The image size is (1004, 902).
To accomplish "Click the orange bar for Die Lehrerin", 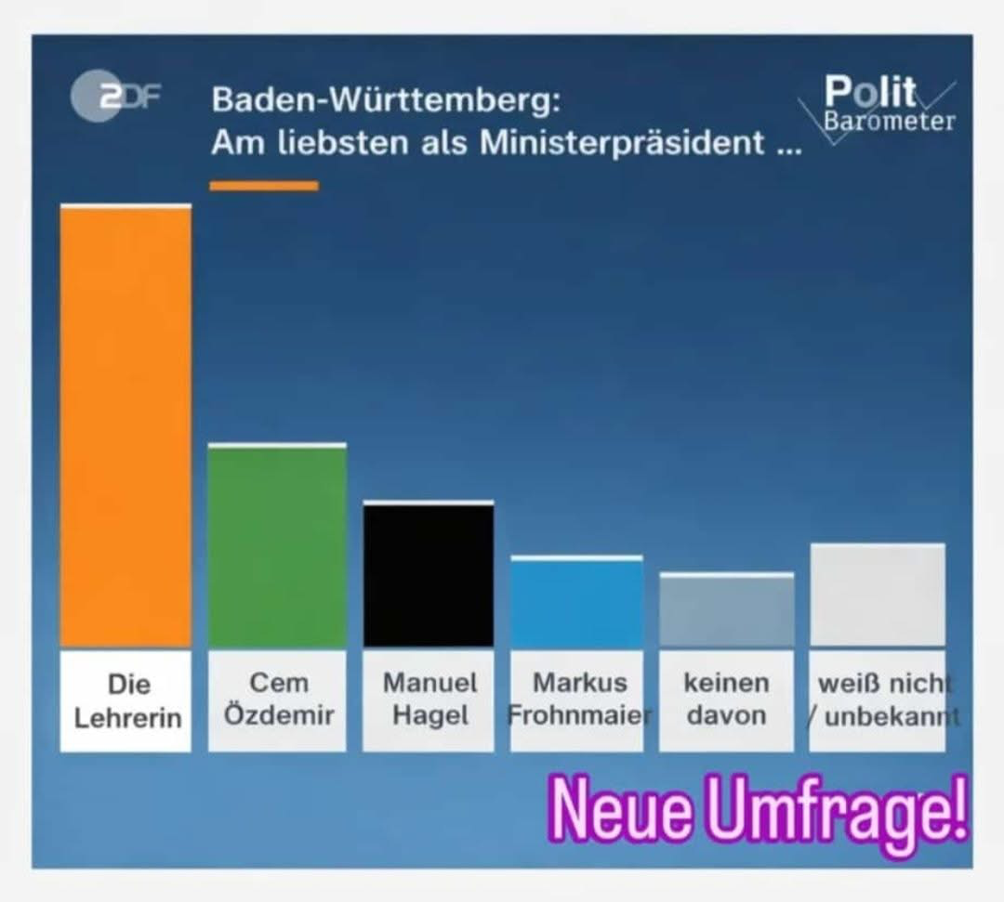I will [x=125, y=425].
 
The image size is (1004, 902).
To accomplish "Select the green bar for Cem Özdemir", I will [x=277, y=546].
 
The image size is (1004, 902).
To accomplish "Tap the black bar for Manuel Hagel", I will [x=429, y=575].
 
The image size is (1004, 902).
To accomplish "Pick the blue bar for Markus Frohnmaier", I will [x=576, y=602].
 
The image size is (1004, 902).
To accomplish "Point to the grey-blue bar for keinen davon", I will [x=726, y=610].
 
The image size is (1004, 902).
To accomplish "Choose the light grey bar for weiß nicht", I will [x=878, y=595].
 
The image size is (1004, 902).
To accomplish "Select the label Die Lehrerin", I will [x=127, y=701].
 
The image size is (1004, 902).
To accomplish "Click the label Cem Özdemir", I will [x=278, y=699].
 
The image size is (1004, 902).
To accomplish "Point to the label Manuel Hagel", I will [x=429, y=699].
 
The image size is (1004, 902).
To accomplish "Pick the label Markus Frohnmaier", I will [x=578, y=699].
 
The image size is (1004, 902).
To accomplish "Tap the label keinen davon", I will [x=727, y=699].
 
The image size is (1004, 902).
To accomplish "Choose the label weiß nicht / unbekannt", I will [x=878, y=699].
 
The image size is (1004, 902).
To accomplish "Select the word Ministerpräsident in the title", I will [x=622, y=144].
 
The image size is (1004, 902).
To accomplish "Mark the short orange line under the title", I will [x=264, y=187].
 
